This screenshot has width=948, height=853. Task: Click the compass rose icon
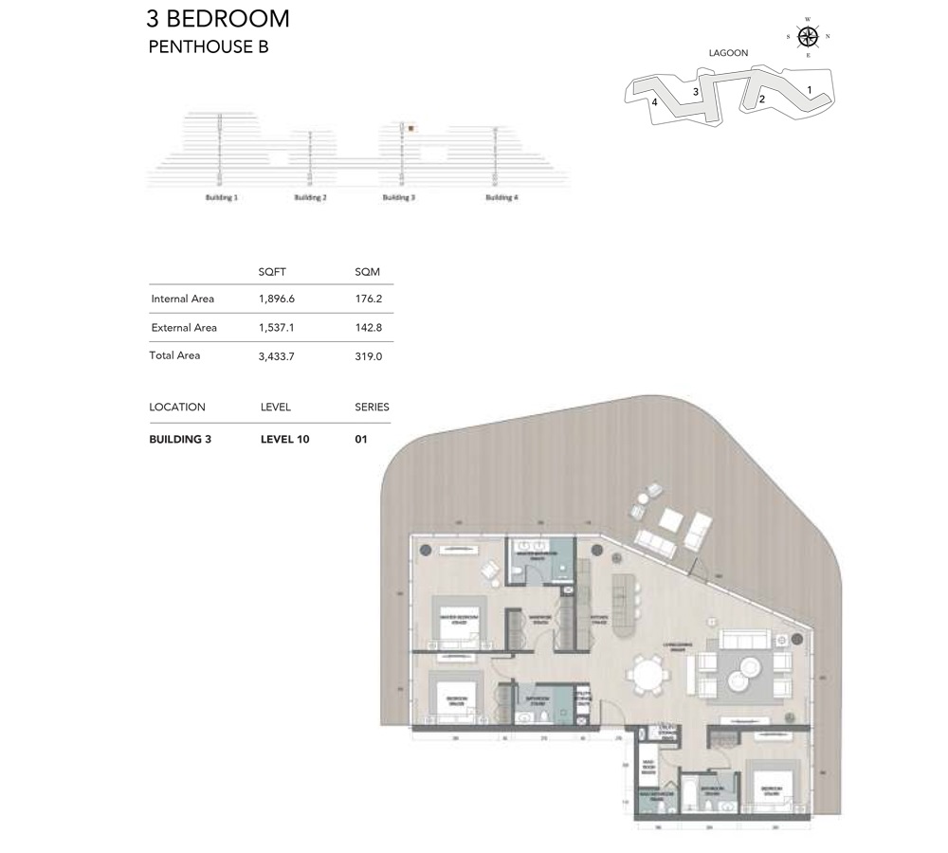pos(808,37)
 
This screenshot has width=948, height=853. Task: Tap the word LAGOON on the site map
pos(728,53)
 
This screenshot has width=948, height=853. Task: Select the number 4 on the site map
pos(654,102)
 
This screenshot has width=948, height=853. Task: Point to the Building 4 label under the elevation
pos(501,197)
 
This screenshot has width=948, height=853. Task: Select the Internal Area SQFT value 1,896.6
pos(276,299)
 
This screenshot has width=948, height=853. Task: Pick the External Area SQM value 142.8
pos(367,328)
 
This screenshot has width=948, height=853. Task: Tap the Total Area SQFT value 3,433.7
pos(278,356)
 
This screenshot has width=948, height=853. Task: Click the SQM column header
pos(367,272)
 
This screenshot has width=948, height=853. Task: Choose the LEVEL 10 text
pos(284,440)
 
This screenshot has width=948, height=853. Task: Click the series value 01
pos(361,440)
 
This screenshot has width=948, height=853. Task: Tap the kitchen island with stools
pos(623,607)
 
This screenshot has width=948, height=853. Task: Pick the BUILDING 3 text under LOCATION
pos(180,440)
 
